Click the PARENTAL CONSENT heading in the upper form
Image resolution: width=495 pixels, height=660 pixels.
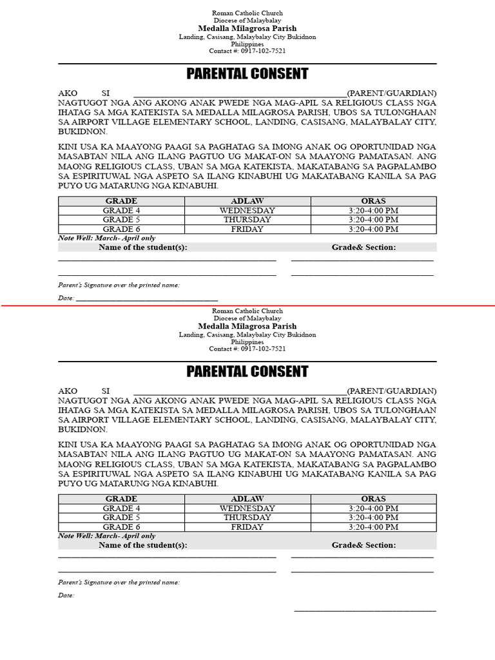[247, 73]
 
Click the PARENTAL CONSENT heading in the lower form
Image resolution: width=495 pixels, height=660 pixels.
[247, 371]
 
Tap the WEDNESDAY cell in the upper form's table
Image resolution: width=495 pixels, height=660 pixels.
[247, 211]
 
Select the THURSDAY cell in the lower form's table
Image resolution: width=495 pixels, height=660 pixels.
[247, 518]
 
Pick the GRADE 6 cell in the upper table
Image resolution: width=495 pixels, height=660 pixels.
[121, 229]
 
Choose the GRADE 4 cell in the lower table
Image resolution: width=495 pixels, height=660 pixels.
[121, 509]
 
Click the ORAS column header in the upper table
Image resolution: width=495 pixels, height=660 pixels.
[373, 201]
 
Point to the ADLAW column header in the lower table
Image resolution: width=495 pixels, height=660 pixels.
[247, 499]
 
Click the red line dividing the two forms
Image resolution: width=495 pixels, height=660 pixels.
[247, 306]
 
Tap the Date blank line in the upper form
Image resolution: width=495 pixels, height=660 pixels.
[147, 300]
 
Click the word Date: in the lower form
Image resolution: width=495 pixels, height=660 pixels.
[66, 596]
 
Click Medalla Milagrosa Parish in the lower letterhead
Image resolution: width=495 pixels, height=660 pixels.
[247, 327]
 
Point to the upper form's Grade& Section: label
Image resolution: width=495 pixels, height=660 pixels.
[364, 247]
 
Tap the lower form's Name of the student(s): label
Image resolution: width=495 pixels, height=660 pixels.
[143, 545]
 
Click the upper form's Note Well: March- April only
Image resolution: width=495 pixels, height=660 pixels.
[106, 238]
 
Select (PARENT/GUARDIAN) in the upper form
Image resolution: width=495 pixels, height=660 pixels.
[392, 93]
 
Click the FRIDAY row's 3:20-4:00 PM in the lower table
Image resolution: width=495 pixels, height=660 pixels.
[373, 527]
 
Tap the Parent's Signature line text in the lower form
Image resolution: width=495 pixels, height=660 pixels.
[119, 582]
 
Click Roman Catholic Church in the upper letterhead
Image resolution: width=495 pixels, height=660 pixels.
[247, 13]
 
